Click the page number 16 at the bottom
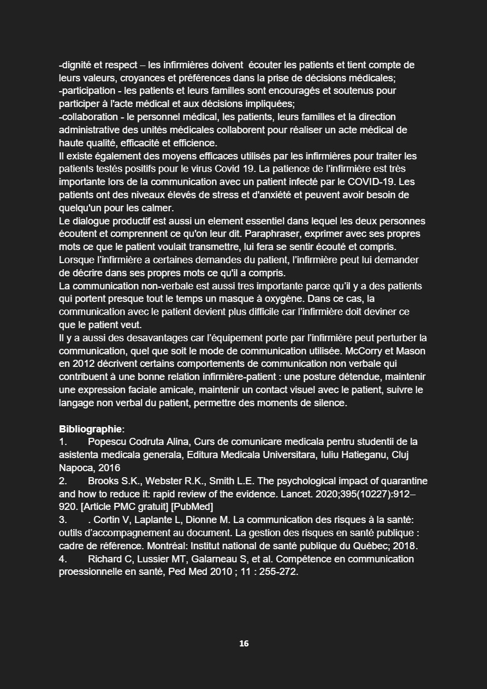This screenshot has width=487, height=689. point(243,644)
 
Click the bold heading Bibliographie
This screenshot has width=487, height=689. point(91,429)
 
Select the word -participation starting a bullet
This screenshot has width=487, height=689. point(87,91)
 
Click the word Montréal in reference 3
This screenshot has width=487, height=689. point(150,545)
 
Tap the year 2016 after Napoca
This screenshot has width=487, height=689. point(109,468)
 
